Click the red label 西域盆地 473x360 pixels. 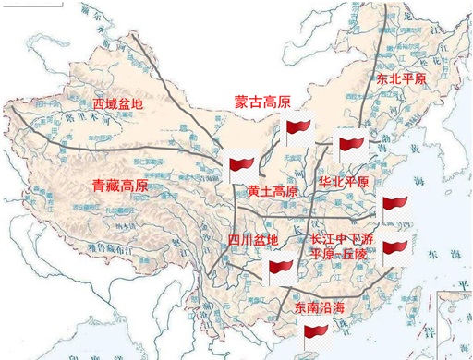click(118, 104)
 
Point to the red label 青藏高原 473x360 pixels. click(120, 186)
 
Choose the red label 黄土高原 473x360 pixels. click(273, 192)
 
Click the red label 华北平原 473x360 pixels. click(343, 182)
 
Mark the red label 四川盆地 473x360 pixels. click(252, 241)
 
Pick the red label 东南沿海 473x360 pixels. click(318, 306)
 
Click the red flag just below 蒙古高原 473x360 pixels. click(299, 130)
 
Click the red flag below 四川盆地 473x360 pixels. click(281, 270)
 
